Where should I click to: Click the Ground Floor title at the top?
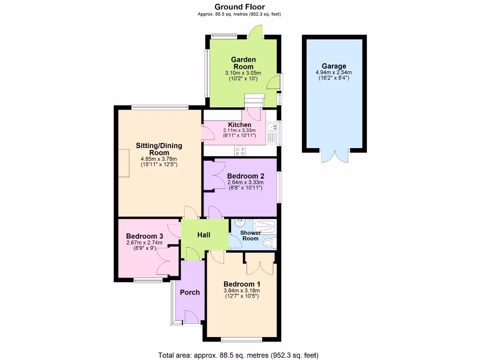240,7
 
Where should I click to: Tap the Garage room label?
334,66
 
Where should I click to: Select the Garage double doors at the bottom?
334,157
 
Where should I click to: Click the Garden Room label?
243,63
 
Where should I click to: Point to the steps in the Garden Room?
255,100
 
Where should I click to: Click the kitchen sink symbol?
271,127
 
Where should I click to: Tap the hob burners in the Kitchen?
240,151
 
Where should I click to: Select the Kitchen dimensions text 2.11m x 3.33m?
240,130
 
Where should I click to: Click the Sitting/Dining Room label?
159,149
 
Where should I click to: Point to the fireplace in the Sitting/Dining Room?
124,163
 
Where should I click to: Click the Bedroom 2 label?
245,176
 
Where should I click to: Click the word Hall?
203,235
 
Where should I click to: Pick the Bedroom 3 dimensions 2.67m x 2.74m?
144,243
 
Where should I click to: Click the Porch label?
190,292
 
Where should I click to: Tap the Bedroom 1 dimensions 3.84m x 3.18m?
242,291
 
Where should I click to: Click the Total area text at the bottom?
240,355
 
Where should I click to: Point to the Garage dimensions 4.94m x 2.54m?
334,73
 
